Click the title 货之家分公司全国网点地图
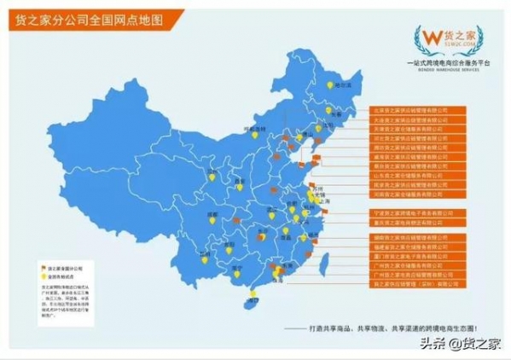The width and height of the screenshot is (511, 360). [85, 18]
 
